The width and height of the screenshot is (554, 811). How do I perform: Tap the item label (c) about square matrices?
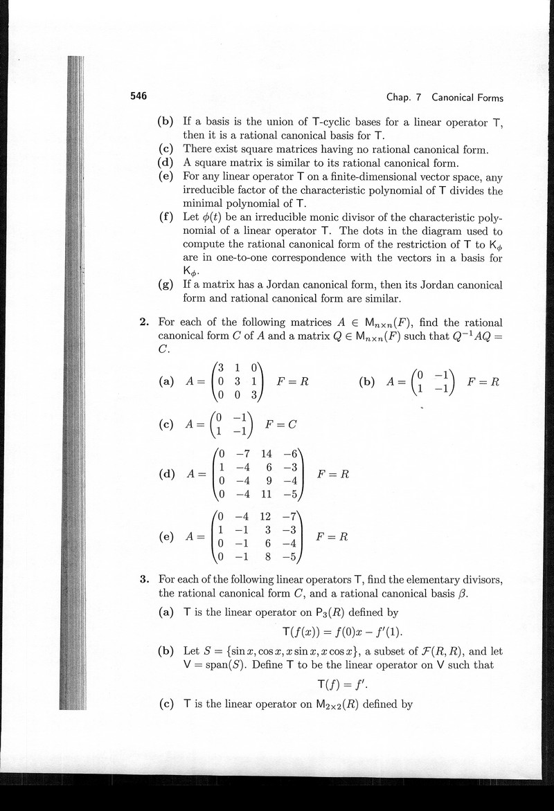click(166, 149)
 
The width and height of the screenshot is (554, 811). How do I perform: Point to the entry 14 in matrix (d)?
click(266, 454)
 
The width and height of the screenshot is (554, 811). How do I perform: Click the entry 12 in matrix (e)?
click(265, 516)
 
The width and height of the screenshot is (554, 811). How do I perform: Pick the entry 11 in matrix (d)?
click(266, 494)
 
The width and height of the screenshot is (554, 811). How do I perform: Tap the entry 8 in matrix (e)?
click(267, 556)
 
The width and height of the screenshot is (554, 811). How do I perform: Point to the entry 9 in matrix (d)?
click(268, 481)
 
